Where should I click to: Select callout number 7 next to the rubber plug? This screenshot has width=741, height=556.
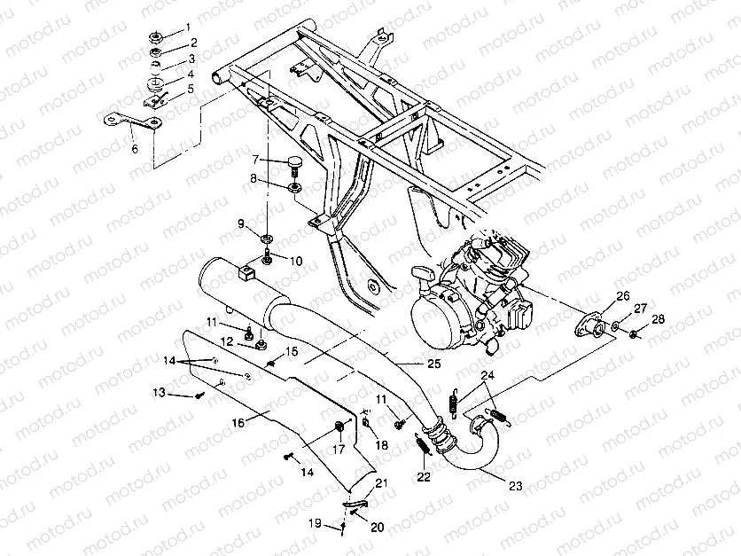click(256, 160)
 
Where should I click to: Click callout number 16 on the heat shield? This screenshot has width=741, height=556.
click(238, 424)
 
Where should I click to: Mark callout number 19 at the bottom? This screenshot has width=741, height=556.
click(314, 524)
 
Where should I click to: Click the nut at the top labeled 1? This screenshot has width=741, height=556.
click(154, 38)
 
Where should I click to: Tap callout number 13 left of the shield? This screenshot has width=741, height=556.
click(159, 393)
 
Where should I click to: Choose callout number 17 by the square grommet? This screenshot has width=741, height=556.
click(338, 449)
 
